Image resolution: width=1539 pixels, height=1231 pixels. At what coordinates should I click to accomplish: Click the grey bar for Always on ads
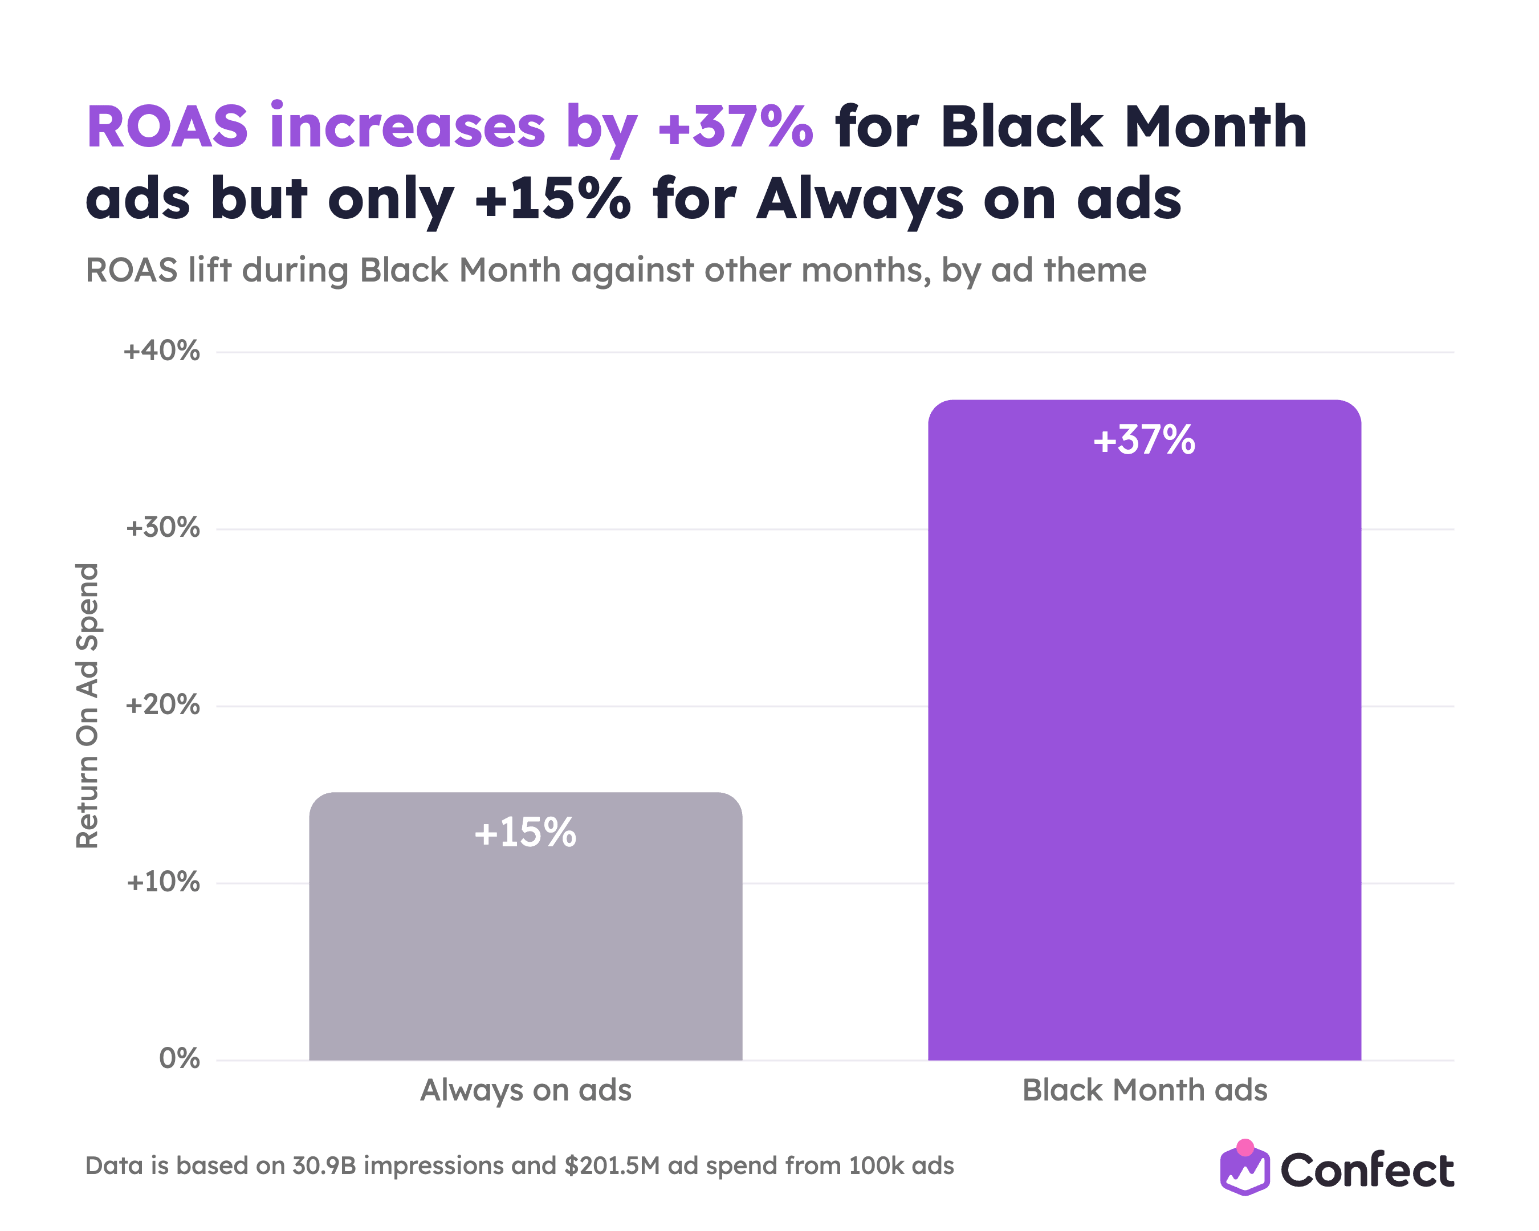(x=526, y=926)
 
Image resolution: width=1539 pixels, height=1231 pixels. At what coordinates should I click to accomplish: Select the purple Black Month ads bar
(x=1144, y=729)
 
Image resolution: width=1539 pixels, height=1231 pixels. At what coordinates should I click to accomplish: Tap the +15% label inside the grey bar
(x=526, y=832)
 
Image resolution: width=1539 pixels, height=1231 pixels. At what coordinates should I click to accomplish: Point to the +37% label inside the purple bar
(x=1144, y=439)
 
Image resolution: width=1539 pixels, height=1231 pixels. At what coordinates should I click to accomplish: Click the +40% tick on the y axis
(x=162, y=351)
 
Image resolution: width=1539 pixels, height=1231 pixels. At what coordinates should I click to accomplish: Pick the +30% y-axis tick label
(x=163, y=528)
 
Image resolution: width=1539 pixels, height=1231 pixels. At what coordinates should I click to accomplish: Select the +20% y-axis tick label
(x=163, y=705)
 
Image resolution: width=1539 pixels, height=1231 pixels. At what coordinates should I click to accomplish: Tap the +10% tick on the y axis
(x=164, y=882)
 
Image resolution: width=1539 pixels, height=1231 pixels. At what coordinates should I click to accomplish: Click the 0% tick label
(x=179, y=1058)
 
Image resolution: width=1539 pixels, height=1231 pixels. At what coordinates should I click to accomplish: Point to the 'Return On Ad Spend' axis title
(x=88, y=706)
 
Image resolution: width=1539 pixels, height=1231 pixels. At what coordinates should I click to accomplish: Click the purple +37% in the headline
(x=735, y=127)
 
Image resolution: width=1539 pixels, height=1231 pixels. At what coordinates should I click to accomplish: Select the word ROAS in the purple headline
(x=167, y=127)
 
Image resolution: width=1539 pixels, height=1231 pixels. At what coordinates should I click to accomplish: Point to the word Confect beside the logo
(x=1367, y=1171)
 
